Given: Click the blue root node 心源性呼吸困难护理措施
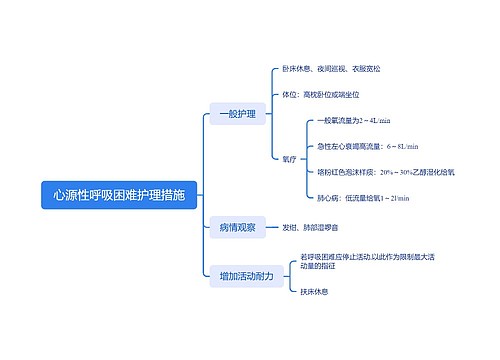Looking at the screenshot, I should [x=119, y=194].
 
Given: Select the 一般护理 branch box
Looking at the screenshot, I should [x=237, y=115].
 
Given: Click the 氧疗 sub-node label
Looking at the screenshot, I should [x=290, y=158].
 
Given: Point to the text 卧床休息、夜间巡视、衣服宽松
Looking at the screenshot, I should [x=331, y=69].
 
